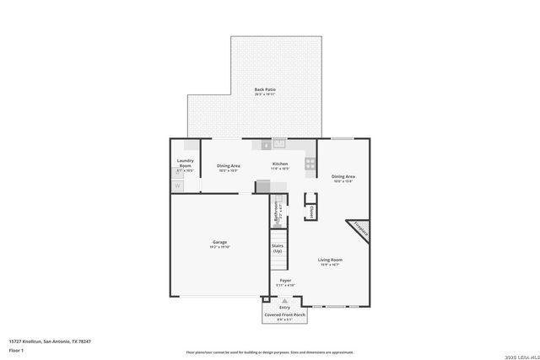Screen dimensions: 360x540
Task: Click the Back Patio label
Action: point(265,89)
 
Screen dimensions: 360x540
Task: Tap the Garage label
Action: point(219,242)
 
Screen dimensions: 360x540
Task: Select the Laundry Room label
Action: point(185,163)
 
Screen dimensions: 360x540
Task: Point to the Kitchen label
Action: point(280,164)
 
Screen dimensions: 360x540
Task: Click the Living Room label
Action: point(329,260)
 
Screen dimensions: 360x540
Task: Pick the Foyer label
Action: point(285,280)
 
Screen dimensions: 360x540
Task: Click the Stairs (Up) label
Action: point(277,249)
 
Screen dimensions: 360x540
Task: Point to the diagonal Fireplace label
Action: point(360,228)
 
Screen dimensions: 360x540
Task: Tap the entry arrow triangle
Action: point(284,300)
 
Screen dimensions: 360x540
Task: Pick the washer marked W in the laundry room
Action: point(178,185)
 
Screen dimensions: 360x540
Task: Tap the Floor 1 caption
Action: point(16,349)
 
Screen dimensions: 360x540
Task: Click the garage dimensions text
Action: point(219,247)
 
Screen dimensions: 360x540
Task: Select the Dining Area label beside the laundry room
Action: point(229,166)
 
